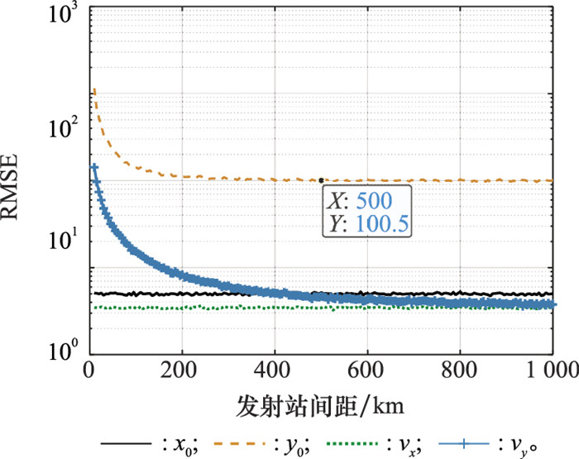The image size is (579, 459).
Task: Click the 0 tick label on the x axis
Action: (x=90, y=370)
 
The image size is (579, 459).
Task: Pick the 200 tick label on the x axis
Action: (x=181, y=370)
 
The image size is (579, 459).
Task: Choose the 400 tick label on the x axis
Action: (x=275, y=370)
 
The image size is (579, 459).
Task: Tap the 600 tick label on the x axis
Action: (x=367, y=370)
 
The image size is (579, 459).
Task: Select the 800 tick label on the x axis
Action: (x=460, y=370)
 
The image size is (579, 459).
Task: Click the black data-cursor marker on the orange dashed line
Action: (x=321, y=179)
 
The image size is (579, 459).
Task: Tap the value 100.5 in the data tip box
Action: (x=384, y=222)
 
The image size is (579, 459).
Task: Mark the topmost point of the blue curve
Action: (x=94, y=167)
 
